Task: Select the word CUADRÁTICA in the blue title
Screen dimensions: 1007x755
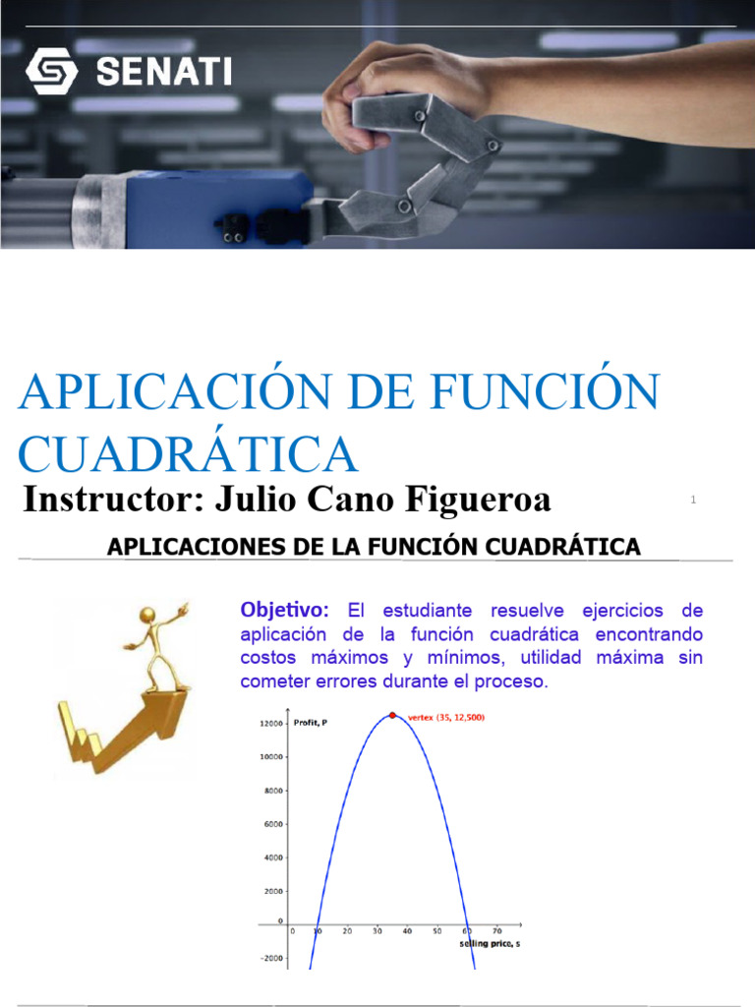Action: [x=187, y=453]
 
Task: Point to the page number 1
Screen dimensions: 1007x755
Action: [x=693, y=501]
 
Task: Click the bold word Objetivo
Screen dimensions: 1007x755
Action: [x=283, y=610]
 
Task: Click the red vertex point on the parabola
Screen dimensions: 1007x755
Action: [x=392, y=715]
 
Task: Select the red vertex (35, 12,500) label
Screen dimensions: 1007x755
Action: [x=446, y=718]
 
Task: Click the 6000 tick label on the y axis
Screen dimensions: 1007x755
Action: [x=273, y=824]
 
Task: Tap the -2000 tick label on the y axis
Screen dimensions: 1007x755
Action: [x=271, y=958]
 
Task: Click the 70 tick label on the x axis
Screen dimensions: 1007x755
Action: [x=496, y=931]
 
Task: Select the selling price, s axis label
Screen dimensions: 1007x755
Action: [x=490, y=944]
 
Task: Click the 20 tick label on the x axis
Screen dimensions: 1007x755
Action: [x=346, y=931]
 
